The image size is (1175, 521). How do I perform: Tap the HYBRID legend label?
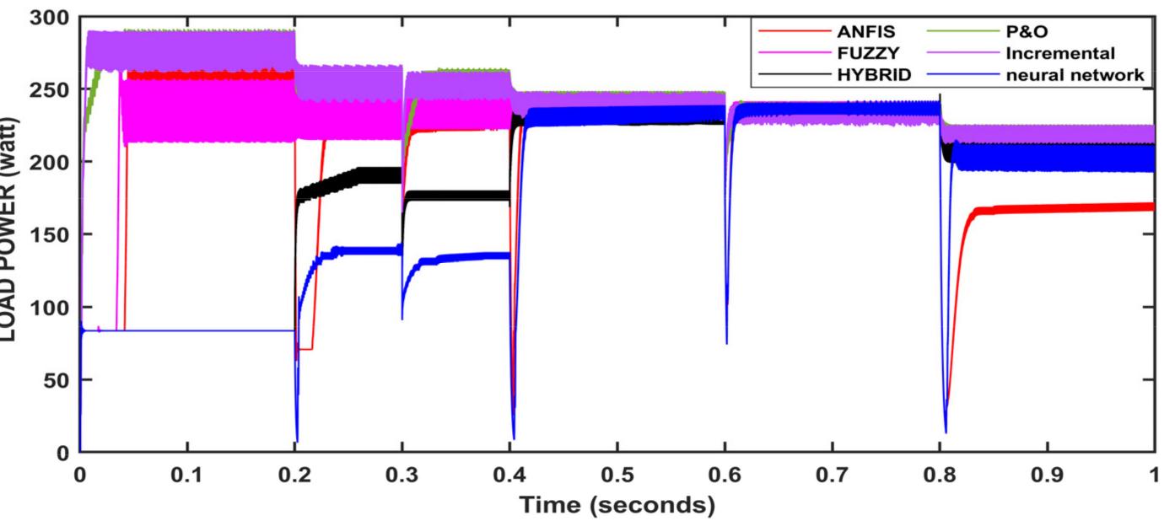click(x=872, y=74)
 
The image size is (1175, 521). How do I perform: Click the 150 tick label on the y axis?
click(x=51, y=234)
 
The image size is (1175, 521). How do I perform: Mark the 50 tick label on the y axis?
click(x=57, y=379)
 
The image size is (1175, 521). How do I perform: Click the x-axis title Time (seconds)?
click(x=616, y=505)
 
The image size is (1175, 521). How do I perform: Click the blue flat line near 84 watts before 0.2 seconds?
click(x=186, y=330)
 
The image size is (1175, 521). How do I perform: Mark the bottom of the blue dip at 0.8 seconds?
click(x=946, y=432)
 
